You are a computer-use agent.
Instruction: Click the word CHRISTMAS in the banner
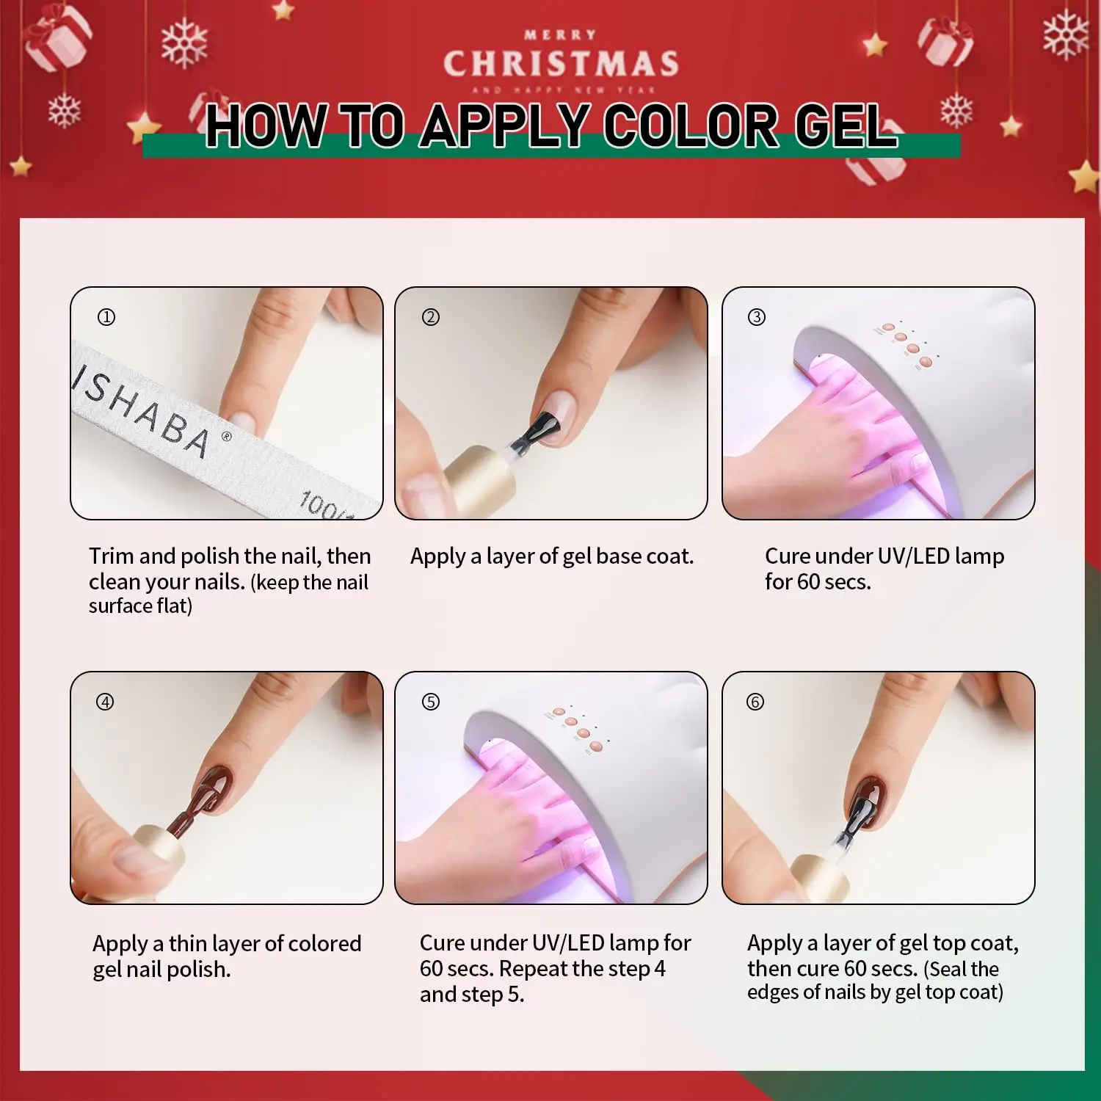(561, 64)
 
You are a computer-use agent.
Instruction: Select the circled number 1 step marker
(106, 317)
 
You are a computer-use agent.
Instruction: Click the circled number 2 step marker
(431, 317)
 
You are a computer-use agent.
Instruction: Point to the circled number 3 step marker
(756, 317)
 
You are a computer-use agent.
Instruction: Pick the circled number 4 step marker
(106, 702)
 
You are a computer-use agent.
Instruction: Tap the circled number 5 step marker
(431, 702)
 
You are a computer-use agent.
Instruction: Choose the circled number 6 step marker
(755, 702)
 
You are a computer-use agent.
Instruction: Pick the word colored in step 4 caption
(324, 943)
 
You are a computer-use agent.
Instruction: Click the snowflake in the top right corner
(1065, 34)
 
